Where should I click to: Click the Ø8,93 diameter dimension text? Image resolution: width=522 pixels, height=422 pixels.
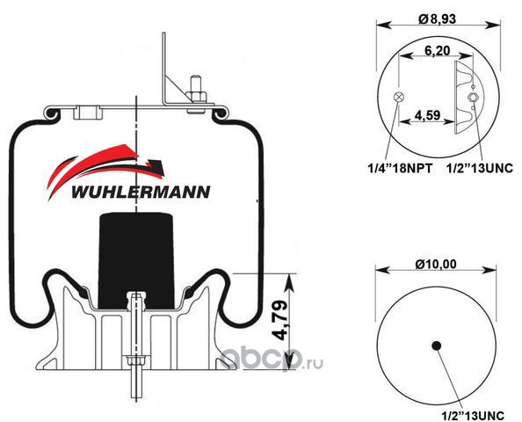click(x=437, y=19)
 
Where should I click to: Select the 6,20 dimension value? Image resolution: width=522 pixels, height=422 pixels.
click(x=437, y=51)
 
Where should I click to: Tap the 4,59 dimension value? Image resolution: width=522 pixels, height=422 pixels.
click(x=427, y=115)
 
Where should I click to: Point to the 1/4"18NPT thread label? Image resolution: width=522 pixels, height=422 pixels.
click(x=400, y=169)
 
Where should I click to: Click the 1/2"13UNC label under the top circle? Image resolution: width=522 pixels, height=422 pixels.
click(x=480, y=169)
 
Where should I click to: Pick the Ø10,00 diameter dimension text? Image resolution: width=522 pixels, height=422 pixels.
click(x=436, y=264)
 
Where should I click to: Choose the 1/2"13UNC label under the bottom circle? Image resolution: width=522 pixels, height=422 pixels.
click(x=473, y=415)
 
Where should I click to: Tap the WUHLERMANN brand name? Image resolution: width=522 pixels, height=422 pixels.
click(x=141, y=193)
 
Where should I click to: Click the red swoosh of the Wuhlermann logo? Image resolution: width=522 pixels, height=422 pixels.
click(x=100, y=166)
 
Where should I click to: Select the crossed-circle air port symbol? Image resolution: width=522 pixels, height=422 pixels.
click(x=399, y=98)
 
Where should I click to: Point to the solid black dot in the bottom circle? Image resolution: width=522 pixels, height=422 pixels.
click(x=436, y=346)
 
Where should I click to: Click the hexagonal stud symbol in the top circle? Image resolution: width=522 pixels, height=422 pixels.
click(x=473, y=98)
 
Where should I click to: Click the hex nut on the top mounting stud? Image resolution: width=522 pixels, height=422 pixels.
click(x=196, y=96)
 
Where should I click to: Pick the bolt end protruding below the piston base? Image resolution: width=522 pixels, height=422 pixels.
click(x=135, y=385)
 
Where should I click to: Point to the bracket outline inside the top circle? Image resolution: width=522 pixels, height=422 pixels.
click(x=468, y=98)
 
